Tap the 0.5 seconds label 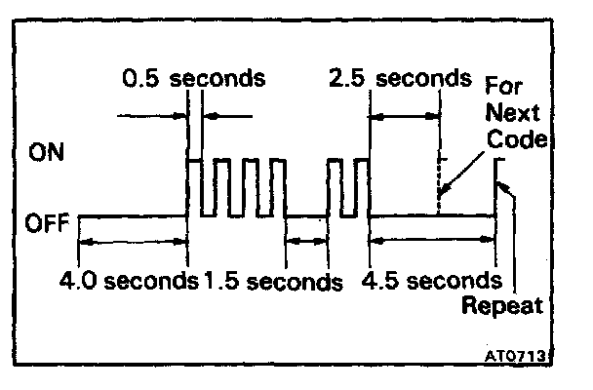click(194, 77)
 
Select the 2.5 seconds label click(400, 77)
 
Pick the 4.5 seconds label click(431, 282)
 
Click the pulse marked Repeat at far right click(498, 185)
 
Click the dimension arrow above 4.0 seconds click(132, 240)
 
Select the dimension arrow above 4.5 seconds click(433, 240)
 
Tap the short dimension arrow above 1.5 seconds click(306, 240)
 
